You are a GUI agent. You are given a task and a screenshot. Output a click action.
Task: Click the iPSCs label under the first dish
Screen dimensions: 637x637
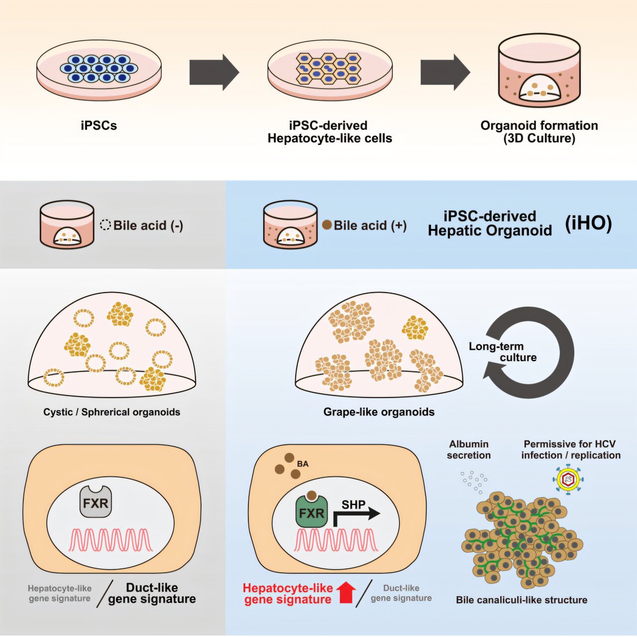coord(99,126)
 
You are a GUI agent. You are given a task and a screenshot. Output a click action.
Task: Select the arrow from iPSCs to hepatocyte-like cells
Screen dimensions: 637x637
coord(214,72)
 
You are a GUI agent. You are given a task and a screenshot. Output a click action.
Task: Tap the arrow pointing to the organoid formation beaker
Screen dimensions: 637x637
coord(445,72)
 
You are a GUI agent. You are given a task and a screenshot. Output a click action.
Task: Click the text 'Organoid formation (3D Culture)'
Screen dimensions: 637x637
coord(539,132)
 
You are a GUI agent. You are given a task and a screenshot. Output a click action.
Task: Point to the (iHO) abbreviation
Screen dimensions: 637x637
coord(588,223)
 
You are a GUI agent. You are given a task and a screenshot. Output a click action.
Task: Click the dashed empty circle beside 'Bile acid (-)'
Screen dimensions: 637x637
coord(105,225)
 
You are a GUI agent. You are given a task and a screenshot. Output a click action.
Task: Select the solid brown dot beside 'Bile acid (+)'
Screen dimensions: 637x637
coord(327,225)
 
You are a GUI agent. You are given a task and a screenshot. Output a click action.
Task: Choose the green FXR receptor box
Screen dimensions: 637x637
coord(311,512)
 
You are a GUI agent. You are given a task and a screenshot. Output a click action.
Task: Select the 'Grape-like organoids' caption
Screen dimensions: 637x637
coord(379,412)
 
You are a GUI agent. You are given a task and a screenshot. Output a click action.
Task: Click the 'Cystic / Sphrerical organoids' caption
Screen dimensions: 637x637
coord(112,412)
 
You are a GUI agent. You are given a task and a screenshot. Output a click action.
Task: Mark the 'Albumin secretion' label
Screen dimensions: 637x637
coord(469,449)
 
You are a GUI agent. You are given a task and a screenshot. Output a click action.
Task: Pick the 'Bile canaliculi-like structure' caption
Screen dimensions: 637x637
coord(522,600)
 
